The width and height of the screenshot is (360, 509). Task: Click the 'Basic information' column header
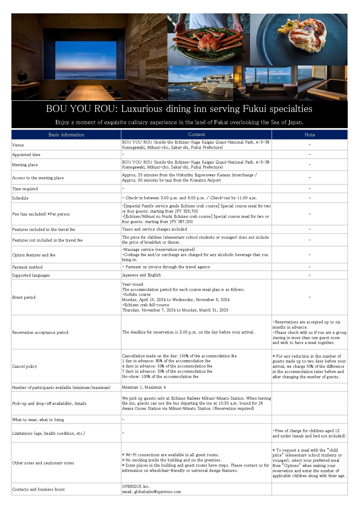click(x=66, y=135)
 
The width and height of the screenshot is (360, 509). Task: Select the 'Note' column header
click(x=310, y=135)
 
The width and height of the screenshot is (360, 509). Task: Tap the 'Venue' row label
click(x=18, y=145)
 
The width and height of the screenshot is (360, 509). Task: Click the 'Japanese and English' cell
click(x=141, y=275)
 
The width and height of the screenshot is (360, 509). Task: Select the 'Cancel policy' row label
click(x=25, y=366)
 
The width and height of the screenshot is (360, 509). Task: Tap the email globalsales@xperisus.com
click(x=157, y=492)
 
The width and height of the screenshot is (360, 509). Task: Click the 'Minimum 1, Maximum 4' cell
click(x=144, y=387)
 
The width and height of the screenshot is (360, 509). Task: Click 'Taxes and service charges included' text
click(x=154, y=229)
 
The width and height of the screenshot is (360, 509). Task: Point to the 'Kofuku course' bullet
click(x=137, y=294)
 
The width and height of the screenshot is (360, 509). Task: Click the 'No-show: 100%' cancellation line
click(x=160, y=376)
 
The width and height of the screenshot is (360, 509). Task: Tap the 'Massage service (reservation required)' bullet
click(x=159, y=249)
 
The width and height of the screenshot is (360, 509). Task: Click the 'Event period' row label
click(x=24, y=297)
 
